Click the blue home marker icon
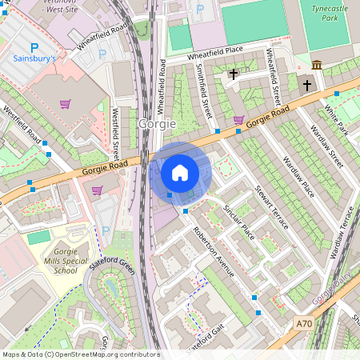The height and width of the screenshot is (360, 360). (180, 172)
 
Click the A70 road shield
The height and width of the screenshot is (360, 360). (303, 323)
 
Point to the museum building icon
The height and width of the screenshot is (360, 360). (318, 65)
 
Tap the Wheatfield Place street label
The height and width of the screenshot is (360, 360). (203, 56)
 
